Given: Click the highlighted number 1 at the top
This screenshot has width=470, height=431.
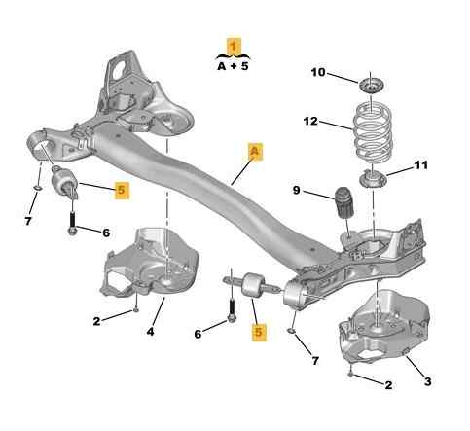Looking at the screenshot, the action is [234, 46].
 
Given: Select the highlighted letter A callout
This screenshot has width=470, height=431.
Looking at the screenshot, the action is [255, 151].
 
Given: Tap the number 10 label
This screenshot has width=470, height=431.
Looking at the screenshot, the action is [318, 72].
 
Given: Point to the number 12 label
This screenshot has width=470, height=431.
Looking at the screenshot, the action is [310, 121].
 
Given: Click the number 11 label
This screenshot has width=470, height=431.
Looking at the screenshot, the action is [420, 165].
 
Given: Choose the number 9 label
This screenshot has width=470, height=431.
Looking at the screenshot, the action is [296, 190].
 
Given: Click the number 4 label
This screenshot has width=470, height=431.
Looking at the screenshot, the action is [150, 332].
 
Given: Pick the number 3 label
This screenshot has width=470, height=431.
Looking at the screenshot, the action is [428, 381].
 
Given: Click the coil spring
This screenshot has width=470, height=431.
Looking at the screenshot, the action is [372, 128].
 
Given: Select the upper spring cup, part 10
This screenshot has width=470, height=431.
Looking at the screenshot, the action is [371, 86].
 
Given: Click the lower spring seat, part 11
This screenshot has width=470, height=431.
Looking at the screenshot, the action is [374, 179].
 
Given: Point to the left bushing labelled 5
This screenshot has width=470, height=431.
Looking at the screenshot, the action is [64, 183].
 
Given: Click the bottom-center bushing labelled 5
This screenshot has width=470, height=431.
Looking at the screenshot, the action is [253, 284].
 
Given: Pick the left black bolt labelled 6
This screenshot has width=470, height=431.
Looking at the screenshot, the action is [72, 222].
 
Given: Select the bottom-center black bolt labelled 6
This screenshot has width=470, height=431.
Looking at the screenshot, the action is [232, 310].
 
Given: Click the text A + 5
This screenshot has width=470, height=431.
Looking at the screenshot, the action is [233, 66].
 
